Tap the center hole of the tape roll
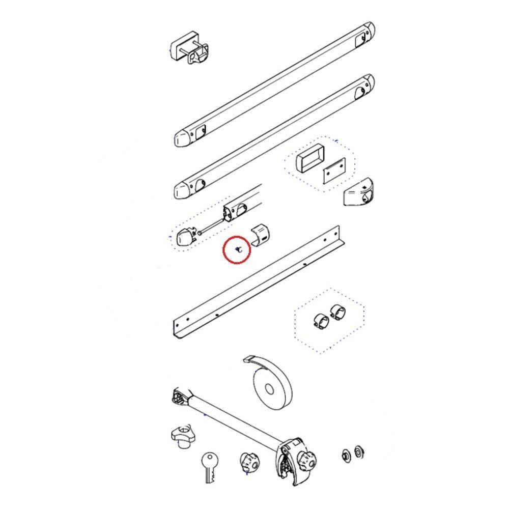click(x=269, y=390)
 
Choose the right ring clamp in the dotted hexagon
click(x=337, y=312)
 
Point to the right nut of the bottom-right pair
click(x=358, y=451)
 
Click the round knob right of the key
click(x=250, y=462)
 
